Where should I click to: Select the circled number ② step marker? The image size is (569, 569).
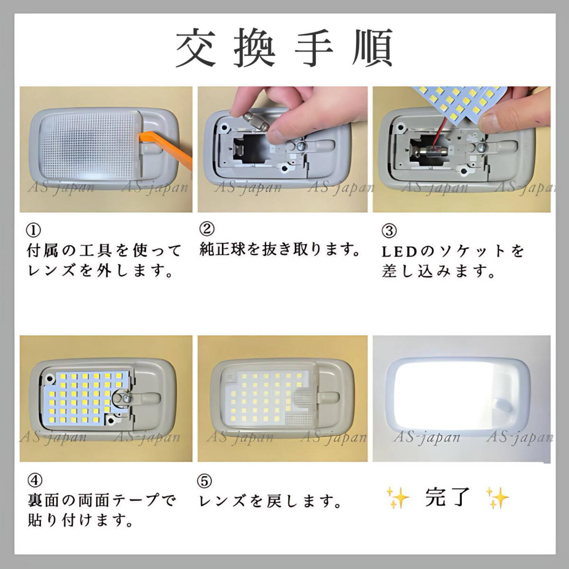click(x=207, y=229)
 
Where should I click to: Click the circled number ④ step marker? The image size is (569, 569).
click(x=35, y=481)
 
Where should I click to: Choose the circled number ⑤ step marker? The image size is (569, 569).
click(x=204, y=481)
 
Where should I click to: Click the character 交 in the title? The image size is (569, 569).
click(x=195, y=48)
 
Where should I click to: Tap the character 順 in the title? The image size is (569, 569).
click(x=373, y=48)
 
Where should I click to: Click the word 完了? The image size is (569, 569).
click(x=447, y=497)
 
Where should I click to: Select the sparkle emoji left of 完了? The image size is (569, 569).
click(x=398, y=498)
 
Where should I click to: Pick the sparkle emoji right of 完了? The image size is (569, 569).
click(x=497, y=498)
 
